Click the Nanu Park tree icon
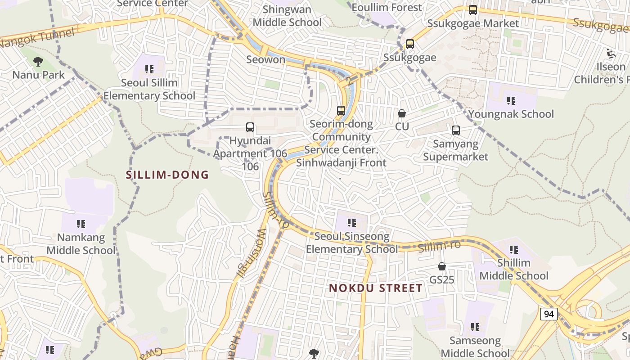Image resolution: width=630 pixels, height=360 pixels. (x=38, y=62)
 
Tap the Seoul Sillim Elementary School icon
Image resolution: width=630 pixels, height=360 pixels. (x=149, y=69)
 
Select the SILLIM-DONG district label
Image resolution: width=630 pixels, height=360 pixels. (x=167, y=175)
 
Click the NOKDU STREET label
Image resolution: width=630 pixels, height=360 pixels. (x=376, y=288)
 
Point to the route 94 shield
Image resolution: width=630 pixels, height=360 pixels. (x=549, y=314)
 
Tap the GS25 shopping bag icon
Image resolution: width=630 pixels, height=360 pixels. (x=442, y=266)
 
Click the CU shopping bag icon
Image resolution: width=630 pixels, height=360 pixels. (x=402, y=113)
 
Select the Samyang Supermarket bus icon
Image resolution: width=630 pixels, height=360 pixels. (x=456, y=130)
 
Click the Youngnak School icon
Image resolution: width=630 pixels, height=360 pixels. (x=511, y=101)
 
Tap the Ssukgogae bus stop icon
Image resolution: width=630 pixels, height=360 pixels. (x=409, y=44)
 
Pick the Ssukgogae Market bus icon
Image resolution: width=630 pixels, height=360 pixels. (x=473, y=10)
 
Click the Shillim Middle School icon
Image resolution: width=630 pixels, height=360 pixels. (x=514, y=249)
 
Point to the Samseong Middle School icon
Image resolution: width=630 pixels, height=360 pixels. (x=475, y=327)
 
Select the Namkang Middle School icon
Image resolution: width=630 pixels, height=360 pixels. (x=81, y=224)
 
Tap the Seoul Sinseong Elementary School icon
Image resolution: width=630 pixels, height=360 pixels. (x=352, y=223)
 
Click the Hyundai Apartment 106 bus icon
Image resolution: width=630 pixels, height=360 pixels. (x=250, y=127)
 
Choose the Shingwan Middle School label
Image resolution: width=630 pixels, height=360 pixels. (x=287, y=16)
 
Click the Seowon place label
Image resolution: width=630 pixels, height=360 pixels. (x=265, y=59)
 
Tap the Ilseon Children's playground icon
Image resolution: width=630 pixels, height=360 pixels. (x=611, y=54)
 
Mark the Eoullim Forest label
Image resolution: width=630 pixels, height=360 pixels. (x=387, y=8)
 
